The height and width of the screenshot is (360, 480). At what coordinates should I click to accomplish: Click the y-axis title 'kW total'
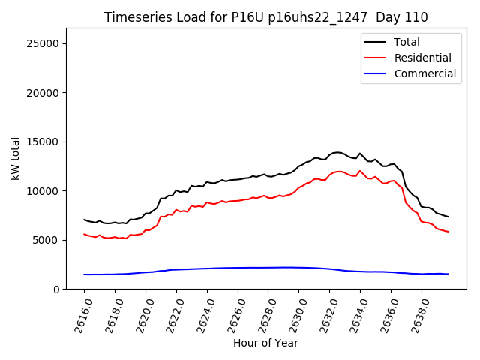point(16,159)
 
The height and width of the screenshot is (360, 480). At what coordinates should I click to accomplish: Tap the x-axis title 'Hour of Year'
point(265,343)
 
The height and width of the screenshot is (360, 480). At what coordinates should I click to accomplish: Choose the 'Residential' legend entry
point(422,58)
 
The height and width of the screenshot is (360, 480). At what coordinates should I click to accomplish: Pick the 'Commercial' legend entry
point(424,73)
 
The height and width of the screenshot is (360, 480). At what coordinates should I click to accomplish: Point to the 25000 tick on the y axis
point(43,43)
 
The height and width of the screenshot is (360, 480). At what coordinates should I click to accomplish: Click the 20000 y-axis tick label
point(43,93)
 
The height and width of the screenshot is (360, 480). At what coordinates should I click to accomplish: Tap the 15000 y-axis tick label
point(43,142)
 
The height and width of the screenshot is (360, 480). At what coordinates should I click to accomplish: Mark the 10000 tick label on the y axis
point(43,191)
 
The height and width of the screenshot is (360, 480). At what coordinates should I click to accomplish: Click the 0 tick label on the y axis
point(57,289)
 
